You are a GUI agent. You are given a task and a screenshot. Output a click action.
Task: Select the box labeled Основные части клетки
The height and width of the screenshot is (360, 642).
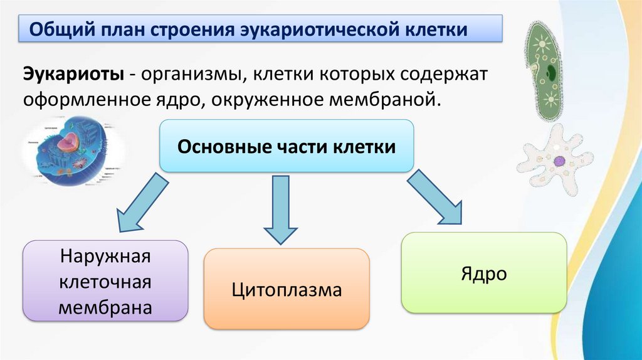(x=287, y=146)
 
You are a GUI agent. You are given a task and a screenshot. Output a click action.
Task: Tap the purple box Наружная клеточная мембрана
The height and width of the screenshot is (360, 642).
(x=105, y=282)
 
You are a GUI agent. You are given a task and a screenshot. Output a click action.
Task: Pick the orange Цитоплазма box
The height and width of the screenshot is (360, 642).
(x=287, y=290)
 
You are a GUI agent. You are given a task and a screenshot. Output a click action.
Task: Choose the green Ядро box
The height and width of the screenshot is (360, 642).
(x=483, y=273)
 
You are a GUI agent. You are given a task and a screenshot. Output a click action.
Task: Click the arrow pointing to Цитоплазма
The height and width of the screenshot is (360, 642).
(x=280, y=210)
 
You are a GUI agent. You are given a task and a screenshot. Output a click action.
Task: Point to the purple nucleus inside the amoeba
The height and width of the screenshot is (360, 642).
(x=559, y=161)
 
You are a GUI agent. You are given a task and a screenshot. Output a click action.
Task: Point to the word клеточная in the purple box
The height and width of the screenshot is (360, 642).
(x=105, y=282)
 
